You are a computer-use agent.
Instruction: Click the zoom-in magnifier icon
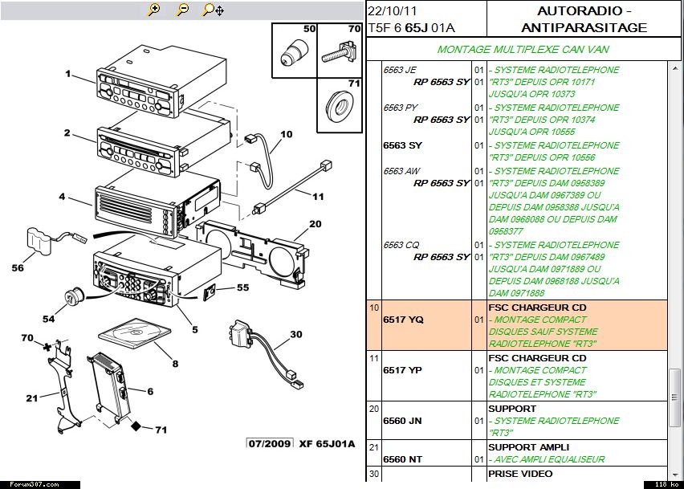point(153,10)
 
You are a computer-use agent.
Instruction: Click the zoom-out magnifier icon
point(183,10)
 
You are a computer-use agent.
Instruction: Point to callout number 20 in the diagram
point(315,224)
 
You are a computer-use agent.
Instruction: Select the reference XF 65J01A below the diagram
point(327,444)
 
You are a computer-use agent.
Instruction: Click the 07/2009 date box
point(269,444)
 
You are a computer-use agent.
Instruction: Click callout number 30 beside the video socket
point(296,335)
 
